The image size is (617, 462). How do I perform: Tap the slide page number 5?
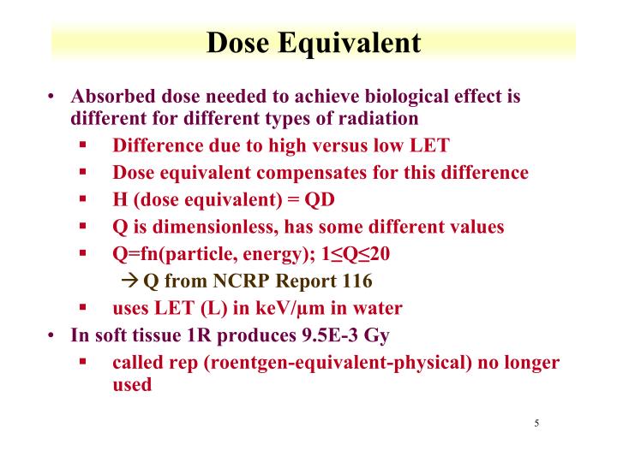pyautogui.click(x=536, y=423)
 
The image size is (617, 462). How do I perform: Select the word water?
pyautogui.click(x=378, y=308)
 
